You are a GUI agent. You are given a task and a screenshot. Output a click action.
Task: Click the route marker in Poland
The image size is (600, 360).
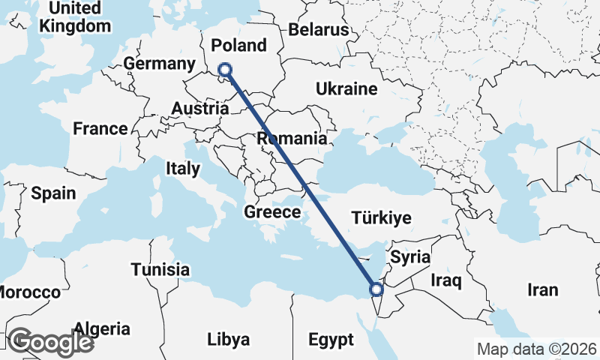tap(224, 70)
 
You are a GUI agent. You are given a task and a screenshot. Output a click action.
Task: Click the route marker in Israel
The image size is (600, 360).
tap(376, 289)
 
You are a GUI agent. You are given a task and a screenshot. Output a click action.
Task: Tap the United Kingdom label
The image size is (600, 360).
tap(74, 17)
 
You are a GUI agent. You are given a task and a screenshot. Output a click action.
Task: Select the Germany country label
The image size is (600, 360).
tap(160, 64)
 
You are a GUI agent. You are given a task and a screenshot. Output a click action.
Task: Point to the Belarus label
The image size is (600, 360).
tap(319, 30)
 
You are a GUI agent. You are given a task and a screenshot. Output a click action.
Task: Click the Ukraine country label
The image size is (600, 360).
tap(346, 89)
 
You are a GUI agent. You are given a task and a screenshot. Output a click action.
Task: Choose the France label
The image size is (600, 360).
tap(100, 129)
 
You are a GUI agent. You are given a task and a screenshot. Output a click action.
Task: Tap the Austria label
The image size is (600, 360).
tap(199, 109)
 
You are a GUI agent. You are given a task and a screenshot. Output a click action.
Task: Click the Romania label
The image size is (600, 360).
tap(292, 139)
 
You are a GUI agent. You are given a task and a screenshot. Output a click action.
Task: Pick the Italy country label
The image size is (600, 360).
tap(183, 169)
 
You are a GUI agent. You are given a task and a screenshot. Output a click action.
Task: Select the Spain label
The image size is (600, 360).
tap(53, 193)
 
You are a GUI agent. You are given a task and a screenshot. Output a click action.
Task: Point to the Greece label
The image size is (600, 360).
tap(272, 213)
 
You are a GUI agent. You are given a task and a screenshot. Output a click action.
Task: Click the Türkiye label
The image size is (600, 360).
tap(382, 218)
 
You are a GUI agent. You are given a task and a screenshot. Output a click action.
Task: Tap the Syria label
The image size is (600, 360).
tap(411, 257)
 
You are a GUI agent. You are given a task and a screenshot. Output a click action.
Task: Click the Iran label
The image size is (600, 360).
tap(543, 290)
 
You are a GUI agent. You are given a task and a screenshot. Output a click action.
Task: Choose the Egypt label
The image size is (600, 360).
tap(331, 340)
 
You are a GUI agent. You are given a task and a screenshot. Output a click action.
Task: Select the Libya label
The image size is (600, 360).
tap(228, 340)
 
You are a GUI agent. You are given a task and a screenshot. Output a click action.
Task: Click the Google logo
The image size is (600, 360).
tap(51, 342)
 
